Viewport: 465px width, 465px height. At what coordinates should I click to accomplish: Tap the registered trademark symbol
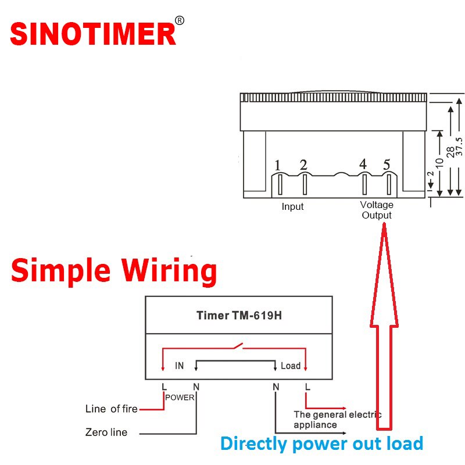[180, 21]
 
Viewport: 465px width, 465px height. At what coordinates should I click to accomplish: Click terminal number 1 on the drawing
[278, 166]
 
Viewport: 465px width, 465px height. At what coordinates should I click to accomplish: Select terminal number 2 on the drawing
[303, 165]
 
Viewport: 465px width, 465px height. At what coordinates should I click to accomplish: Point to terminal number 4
[363, 164]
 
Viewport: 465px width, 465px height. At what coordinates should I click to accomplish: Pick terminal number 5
[387, 164]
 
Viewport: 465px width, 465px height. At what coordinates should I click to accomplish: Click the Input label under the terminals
[292, 206]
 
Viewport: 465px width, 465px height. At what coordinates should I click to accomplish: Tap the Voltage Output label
[377, 210]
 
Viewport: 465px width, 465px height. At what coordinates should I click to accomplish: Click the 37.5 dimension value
[459, 147]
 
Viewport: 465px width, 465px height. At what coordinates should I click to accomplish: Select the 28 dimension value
[450, 152]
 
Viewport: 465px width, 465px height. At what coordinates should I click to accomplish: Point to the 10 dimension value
[440, 163]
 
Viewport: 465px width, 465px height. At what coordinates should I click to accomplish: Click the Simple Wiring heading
[114, 271]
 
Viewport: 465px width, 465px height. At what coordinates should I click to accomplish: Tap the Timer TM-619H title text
[238, 316]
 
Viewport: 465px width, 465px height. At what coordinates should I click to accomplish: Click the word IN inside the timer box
[180, 366]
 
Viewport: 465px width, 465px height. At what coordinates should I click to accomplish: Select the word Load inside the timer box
[290, 366]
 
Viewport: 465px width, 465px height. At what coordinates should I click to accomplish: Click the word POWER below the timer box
[180, 398]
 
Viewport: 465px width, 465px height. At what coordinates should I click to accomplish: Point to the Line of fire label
[111, 409]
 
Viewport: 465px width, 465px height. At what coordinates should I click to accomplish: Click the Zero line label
[106, 432]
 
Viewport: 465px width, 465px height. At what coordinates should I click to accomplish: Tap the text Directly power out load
[321, 444]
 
